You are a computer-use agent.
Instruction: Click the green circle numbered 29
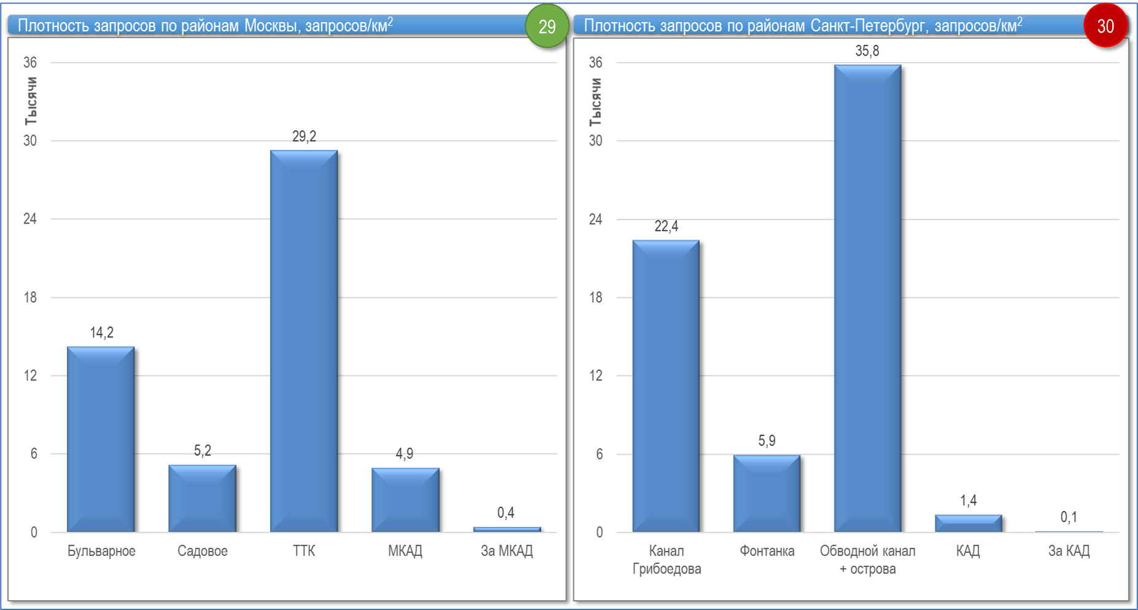[546, 26]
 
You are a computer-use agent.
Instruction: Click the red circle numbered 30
[1105, 26]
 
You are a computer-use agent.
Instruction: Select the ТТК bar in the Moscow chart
[304, 341]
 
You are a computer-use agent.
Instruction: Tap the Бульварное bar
[101, 439]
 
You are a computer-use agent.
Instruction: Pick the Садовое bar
[203, 498]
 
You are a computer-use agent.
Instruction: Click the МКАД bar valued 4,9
[405, 500]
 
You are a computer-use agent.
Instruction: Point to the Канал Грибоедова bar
[666, 386]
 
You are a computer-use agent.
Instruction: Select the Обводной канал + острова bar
[867, 298]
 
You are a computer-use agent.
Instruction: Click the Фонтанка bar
[767, 493]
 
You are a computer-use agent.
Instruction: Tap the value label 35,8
[867, 51]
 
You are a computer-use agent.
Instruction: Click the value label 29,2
[304, 136]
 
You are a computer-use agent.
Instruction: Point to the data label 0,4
[506, 513]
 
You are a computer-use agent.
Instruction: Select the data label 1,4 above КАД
[968, 501]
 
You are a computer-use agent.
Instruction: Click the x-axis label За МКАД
[506, 551]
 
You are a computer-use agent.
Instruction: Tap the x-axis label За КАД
[1069, 551]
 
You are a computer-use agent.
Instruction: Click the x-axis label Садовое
[203, 551]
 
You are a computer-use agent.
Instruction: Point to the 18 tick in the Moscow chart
[30, 297]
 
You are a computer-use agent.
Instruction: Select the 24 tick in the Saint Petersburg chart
[595, 219]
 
